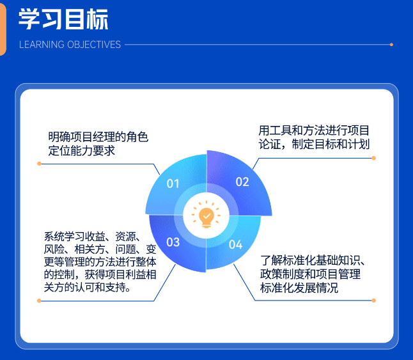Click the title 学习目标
[x=63, y=19]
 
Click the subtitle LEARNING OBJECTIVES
[x=70, y=45]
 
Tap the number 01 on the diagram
[x=173, y=184]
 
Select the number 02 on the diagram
[x=242, y=182]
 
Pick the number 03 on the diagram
[x=173, y=242]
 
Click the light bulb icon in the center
[x=206, y=216]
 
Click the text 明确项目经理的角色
[x=98, y=136]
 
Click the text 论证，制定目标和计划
[x=314, y=145]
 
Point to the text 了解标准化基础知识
[x=313, y=260]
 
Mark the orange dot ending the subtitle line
[x=391, y=45]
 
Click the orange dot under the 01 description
[x=40, y=164]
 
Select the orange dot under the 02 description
[x=374, y=158]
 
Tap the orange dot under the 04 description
[x=374, y=300]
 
